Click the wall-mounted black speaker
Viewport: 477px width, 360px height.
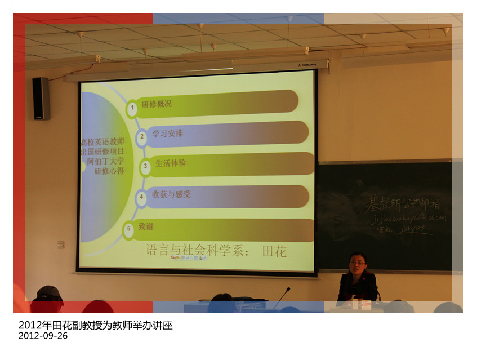click(41, 99)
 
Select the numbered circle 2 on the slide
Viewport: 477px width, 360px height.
click(142, 136)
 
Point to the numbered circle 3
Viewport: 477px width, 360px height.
click(145, 166)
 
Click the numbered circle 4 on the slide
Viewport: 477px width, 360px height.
click(142, 197)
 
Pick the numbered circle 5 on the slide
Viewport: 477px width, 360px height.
click(129, 229)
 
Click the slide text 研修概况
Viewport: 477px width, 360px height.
click(157, 104)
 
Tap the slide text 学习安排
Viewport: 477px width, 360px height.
click(167, 134)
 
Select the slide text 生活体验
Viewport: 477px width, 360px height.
click(171, 163)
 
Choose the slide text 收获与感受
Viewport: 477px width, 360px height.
click(171, 194)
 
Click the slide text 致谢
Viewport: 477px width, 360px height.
click(146, 226)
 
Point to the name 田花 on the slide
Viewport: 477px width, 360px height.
click(274, 251)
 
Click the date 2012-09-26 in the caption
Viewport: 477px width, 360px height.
click(43, 336)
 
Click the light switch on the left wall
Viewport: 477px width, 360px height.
click(60, 245)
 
